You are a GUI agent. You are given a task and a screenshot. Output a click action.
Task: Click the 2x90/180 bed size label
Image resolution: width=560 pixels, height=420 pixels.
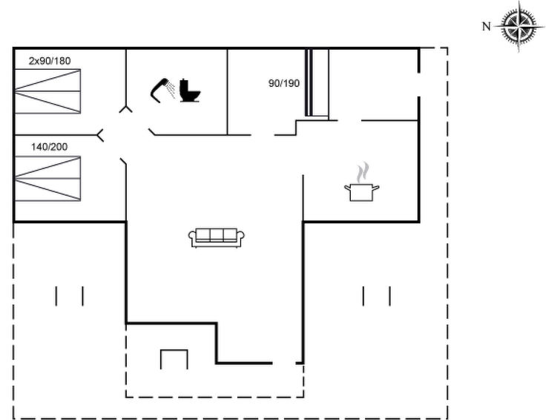50,61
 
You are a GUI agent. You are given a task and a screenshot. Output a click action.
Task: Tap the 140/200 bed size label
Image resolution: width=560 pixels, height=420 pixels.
49,147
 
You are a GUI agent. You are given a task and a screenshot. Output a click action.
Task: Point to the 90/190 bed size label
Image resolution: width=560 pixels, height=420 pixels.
284,83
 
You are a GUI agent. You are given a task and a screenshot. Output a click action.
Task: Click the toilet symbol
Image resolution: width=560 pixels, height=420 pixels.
190,91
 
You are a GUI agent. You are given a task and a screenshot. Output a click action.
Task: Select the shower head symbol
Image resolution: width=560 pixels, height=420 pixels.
159,90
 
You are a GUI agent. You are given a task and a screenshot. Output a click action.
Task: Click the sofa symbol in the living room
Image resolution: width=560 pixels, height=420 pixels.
217,237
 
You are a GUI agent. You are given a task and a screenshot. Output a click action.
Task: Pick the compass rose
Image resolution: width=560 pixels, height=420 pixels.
519,27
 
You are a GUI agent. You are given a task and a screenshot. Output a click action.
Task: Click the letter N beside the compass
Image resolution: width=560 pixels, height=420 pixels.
487,27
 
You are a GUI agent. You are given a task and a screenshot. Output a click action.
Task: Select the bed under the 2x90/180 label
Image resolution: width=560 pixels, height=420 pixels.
48,91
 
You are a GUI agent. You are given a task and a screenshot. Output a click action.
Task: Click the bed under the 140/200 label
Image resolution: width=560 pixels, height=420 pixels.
48,178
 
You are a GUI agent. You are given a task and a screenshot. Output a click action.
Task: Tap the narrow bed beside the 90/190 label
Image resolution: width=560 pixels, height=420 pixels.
317,83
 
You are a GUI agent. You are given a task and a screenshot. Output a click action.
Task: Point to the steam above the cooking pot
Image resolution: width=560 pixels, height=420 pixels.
363,172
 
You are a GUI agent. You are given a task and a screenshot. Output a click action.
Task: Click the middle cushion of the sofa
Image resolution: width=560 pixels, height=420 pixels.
217,234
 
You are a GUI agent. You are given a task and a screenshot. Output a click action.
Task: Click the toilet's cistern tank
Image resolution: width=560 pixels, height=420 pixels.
184,85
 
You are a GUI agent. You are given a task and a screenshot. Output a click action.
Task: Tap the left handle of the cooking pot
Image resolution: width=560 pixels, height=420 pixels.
347,187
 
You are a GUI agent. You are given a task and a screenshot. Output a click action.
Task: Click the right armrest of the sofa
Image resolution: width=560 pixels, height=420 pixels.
241,237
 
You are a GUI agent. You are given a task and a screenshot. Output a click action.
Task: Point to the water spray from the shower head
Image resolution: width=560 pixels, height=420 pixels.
171,89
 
